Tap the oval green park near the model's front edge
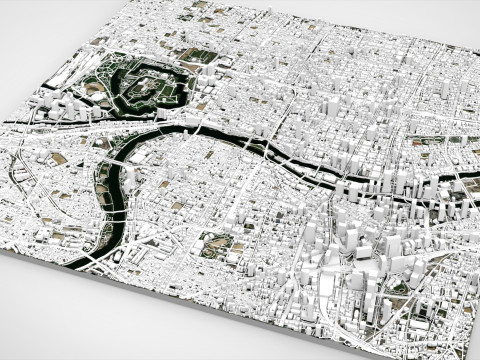tap(215, 245)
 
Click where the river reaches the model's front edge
tap(76, 263)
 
